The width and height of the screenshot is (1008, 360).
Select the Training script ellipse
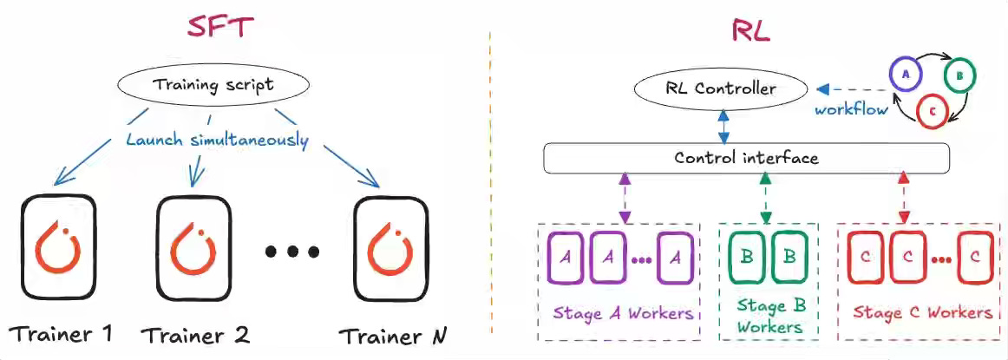(x=213, y=85)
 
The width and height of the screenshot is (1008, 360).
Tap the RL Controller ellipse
(x=721, y=88)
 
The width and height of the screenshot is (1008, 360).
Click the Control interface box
(x=746, y=158)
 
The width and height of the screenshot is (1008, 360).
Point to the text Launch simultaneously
(x=216, y=140)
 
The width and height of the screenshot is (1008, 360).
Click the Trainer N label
(x=393, y=335)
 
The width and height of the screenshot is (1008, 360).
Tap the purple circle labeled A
(x=905, y=75)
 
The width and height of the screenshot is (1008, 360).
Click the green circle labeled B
(x=960, y=75)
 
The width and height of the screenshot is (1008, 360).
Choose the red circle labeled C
(x=932, y=111)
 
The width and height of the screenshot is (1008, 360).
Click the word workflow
(x=851, y=110)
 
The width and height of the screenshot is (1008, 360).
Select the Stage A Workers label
(x=624, y=312)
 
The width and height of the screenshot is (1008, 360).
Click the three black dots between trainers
(x=293, y=252)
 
